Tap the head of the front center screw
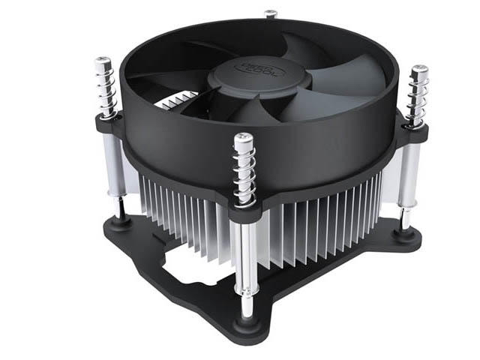point(243,139)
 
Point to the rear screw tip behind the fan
point(271,13)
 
